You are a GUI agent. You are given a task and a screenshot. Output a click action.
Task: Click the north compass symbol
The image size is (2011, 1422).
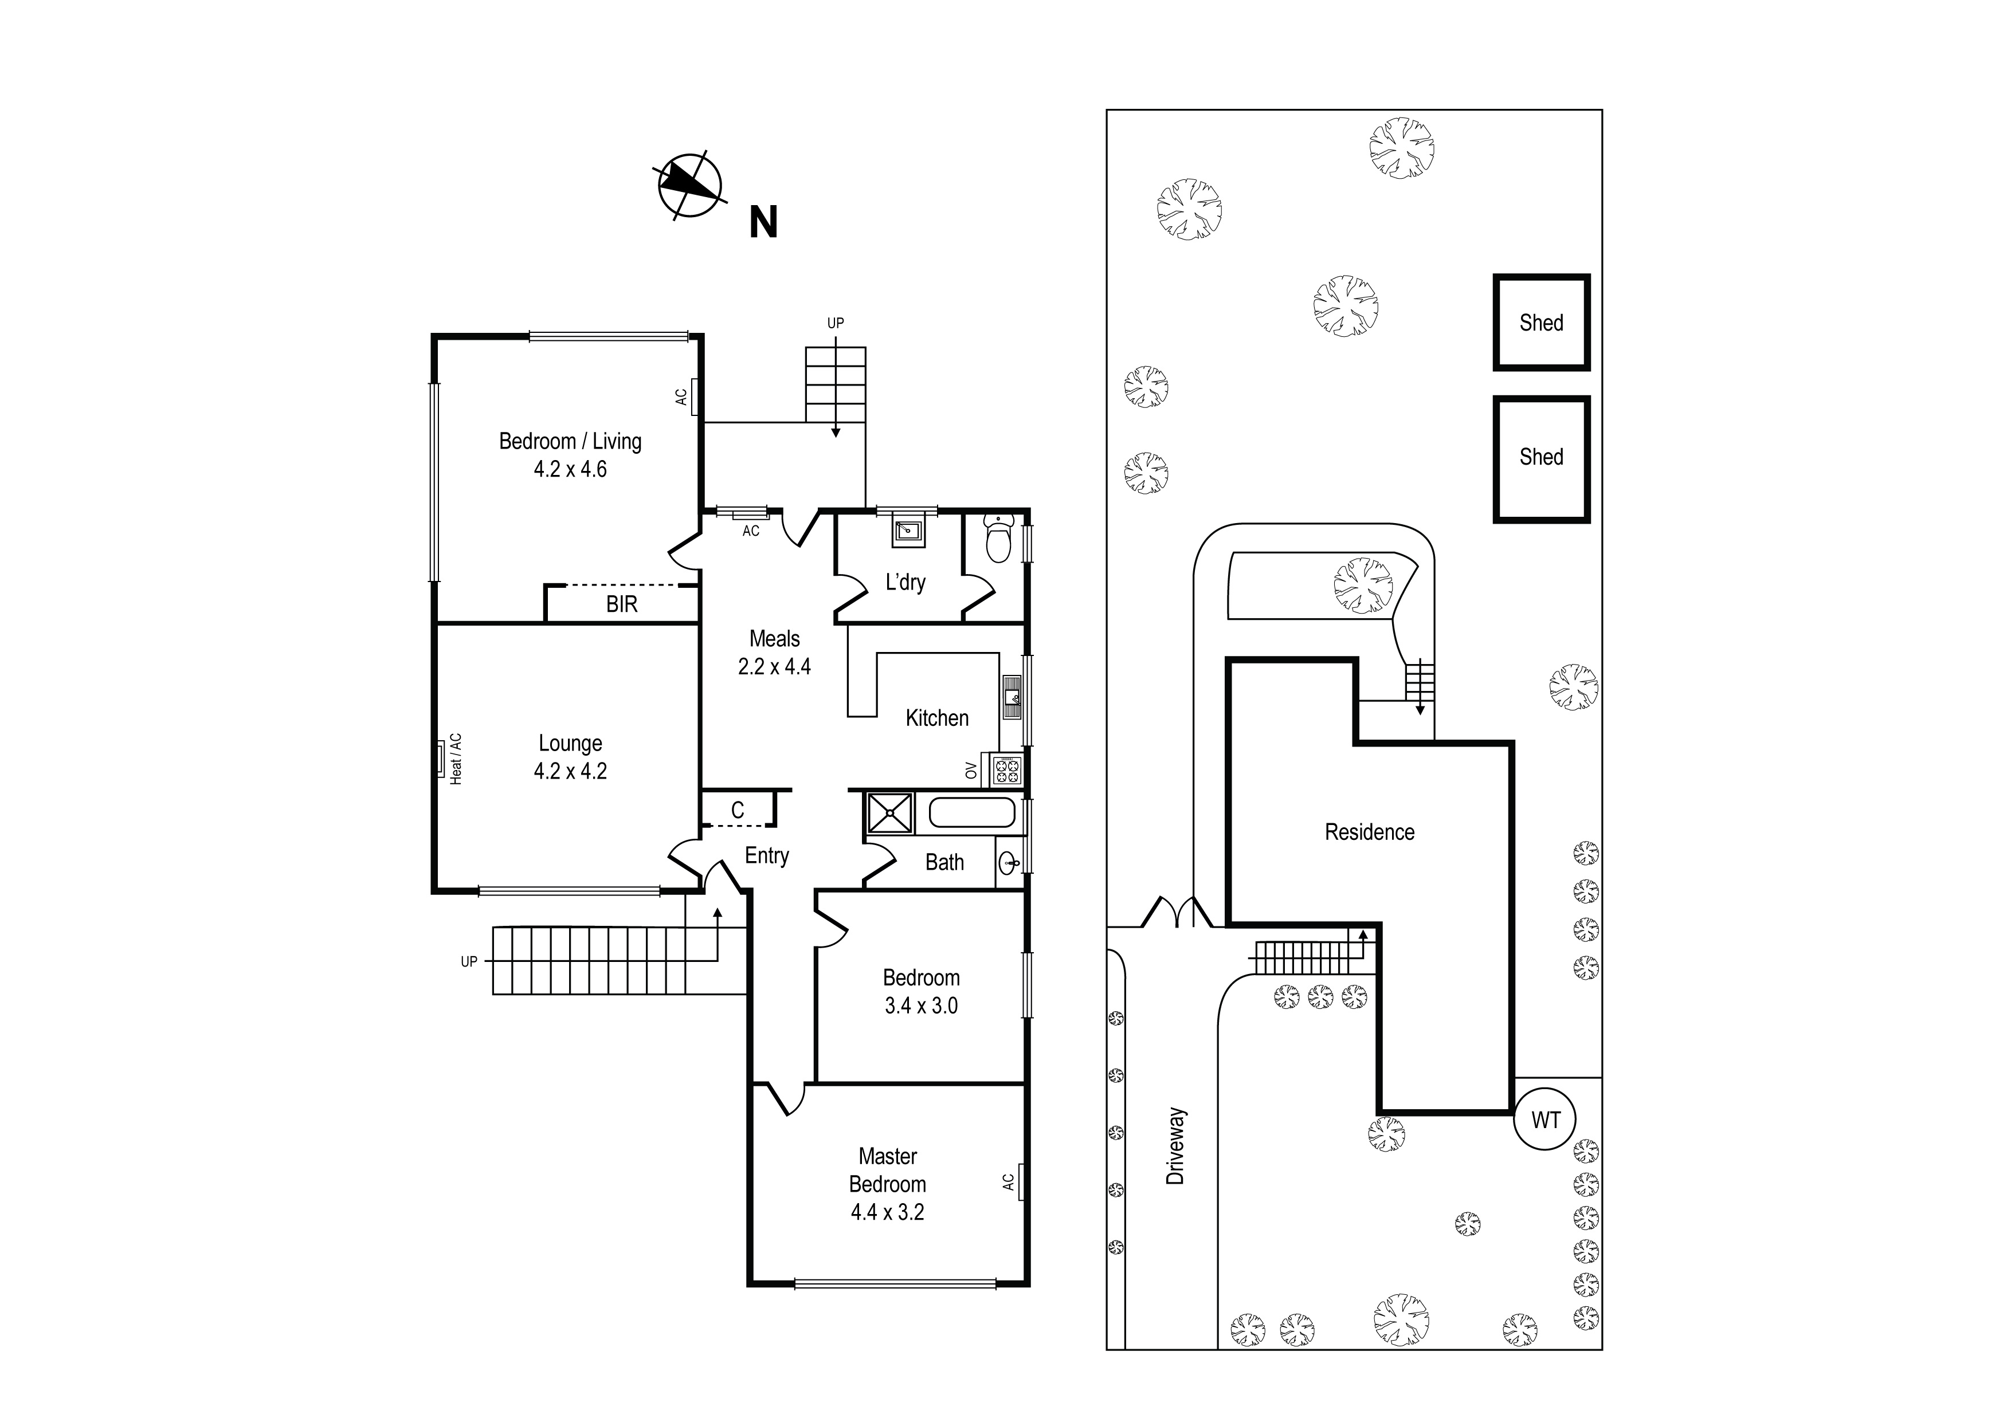pyautogui.click(x=690, y=186)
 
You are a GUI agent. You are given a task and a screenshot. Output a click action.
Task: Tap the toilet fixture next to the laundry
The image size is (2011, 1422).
pyautogui.click(x=998, y=537)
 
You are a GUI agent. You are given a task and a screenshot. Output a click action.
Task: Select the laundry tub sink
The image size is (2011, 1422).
pyautogui.click(x=908, y=530)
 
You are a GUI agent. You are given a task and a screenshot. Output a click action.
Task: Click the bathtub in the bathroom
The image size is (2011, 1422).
pyautogui.click(x=971, y=812)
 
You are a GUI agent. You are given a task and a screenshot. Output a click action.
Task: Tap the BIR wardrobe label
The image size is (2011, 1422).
pyautogui.click(x=622, y=604)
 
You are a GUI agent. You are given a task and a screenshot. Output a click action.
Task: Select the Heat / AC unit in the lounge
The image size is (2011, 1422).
pyautogui.click(x=441, y=759)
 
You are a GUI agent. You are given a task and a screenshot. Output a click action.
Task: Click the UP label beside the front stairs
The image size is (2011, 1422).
pyautogui.click(x=469, y=961)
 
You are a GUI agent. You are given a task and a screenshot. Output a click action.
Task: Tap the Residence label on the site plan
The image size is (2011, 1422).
pyautogui.click(x=1369, y=832)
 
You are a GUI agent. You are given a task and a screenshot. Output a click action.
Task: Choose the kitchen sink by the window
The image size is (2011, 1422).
pyautogui.click(x=1012, y=698)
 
